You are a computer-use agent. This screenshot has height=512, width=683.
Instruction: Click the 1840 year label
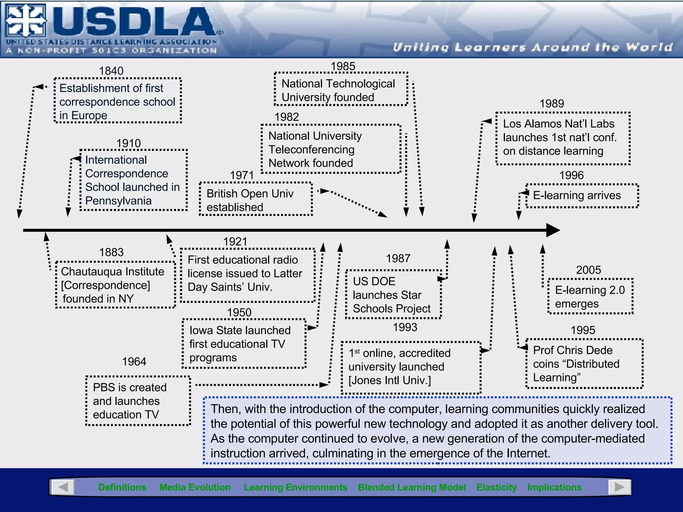click(x=111, y=71)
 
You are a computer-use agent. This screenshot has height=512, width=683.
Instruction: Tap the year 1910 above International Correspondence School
click(x=128, y=144)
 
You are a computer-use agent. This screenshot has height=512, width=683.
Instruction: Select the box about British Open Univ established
click(x=255, y=199)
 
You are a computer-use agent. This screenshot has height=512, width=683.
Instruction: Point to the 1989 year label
click(x=552, y=104)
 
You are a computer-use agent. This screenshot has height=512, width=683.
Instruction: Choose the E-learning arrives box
click(x=582, y=196)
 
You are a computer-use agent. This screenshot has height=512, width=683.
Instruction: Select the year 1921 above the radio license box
click(x=235, y=242)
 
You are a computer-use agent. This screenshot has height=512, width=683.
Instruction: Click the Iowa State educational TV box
click(x=244, y=344)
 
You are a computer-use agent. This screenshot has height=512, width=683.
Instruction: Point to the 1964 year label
click(x=134, y=362)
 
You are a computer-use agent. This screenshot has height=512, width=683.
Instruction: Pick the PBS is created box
click(x=138, y=401)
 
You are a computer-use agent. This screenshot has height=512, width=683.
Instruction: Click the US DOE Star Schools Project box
click(x=393, y=295)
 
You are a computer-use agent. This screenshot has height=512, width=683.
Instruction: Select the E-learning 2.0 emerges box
click(x=590, y=296)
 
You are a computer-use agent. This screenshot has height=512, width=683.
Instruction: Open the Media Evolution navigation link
click(x=195, y=487)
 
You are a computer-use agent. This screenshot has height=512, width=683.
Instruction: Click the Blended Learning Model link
click(x=412, y=487)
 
